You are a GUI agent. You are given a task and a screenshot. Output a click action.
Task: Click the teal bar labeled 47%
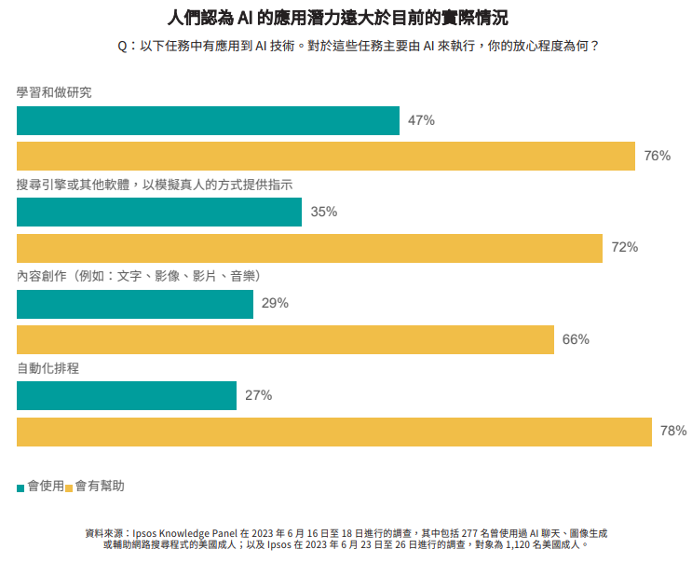point(208,121)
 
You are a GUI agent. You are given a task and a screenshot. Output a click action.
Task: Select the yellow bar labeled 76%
point(326,156)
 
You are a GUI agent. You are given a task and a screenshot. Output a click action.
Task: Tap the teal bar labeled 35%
point(159,213)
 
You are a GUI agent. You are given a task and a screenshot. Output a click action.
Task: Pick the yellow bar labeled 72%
point(309,248)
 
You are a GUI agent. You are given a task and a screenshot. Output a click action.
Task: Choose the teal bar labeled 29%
point(135,304)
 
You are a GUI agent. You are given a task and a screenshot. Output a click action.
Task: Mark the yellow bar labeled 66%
point(285,339)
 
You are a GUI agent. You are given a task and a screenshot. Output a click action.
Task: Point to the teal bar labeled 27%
point(127,395)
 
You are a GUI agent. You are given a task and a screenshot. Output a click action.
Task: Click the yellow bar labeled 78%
point(333,432)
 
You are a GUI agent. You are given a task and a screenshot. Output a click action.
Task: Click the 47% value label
point(421,121)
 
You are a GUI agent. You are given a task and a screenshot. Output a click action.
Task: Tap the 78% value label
point(672,432)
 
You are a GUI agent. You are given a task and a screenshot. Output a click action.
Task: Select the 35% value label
point(323,213)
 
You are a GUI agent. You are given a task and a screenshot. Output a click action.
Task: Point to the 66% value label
point(576,339)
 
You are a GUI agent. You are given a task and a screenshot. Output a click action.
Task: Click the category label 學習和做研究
point(54,93)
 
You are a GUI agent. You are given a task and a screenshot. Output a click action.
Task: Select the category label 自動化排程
point(47,368)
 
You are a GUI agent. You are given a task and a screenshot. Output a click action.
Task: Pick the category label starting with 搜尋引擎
point(155,185)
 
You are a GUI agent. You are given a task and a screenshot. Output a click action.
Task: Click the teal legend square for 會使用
point(21,487)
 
